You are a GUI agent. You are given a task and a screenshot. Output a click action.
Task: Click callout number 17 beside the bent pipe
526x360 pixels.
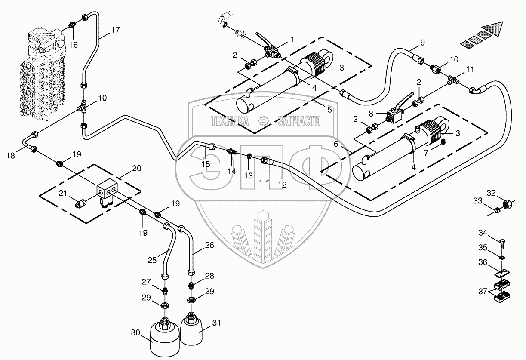pyautogui.click(x=115, y=30)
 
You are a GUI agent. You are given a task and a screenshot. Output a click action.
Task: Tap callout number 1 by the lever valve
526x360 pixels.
pyautogui.click(x=292, y=39)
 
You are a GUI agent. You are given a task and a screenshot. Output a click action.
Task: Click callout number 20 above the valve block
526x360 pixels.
pyautogui.click(x=137, y=169)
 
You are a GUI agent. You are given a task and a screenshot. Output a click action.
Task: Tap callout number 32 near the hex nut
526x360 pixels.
pyautogui.click(x=491, y=192)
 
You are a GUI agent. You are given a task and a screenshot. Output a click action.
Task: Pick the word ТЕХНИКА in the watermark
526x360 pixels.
pyautogui.click(x=229, y=122)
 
